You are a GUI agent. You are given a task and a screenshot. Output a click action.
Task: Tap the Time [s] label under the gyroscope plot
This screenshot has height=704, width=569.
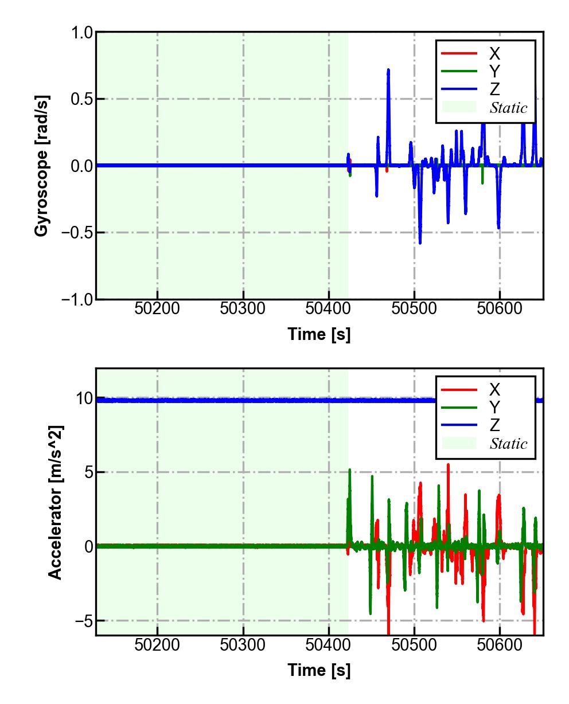click(319, 334)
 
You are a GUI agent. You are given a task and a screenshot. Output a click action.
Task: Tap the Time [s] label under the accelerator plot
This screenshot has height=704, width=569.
click(319, 670)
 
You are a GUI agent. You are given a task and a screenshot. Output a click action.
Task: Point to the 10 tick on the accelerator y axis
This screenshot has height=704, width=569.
click(85, 398)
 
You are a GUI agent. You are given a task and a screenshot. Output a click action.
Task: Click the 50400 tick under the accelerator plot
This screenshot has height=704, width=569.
click(328, 645)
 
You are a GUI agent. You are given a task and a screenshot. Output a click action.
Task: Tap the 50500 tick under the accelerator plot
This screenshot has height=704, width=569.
click(414, 645)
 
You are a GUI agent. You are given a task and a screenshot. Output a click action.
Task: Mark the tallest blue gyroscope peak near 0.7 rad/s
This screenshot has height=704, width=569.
click(388, 71)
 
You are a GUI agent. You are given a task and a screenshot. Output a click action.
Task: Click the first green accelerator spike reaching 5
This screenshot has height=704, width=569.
click(349, 471)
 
